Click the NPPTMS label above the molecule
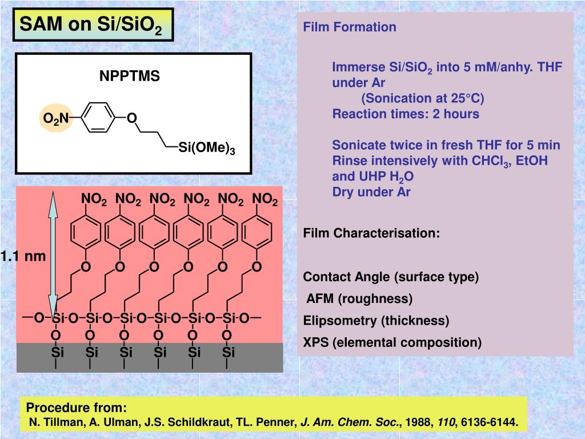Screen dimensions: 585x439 pos(130,76)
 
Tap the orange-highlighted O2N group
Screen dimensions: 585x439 pos(56,118)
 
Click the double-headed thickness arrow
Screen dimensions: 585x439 pos(53,252)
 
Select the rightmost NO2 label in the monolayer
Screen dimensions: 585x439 pos(265,199)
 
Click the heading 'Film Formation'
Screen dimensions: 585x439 pos(349,27)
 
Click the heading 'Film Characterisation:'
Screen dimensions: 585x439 pos(371,233)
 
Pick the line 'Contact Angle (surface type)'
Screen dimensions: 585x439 pos(391,277)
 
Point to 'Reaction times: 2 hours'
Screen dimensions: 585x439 pos(406,114)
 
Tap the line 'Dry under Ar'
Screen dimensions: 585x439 pos(371,191)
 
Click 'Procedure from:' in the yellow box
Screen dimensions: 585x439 pos(77,408)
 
